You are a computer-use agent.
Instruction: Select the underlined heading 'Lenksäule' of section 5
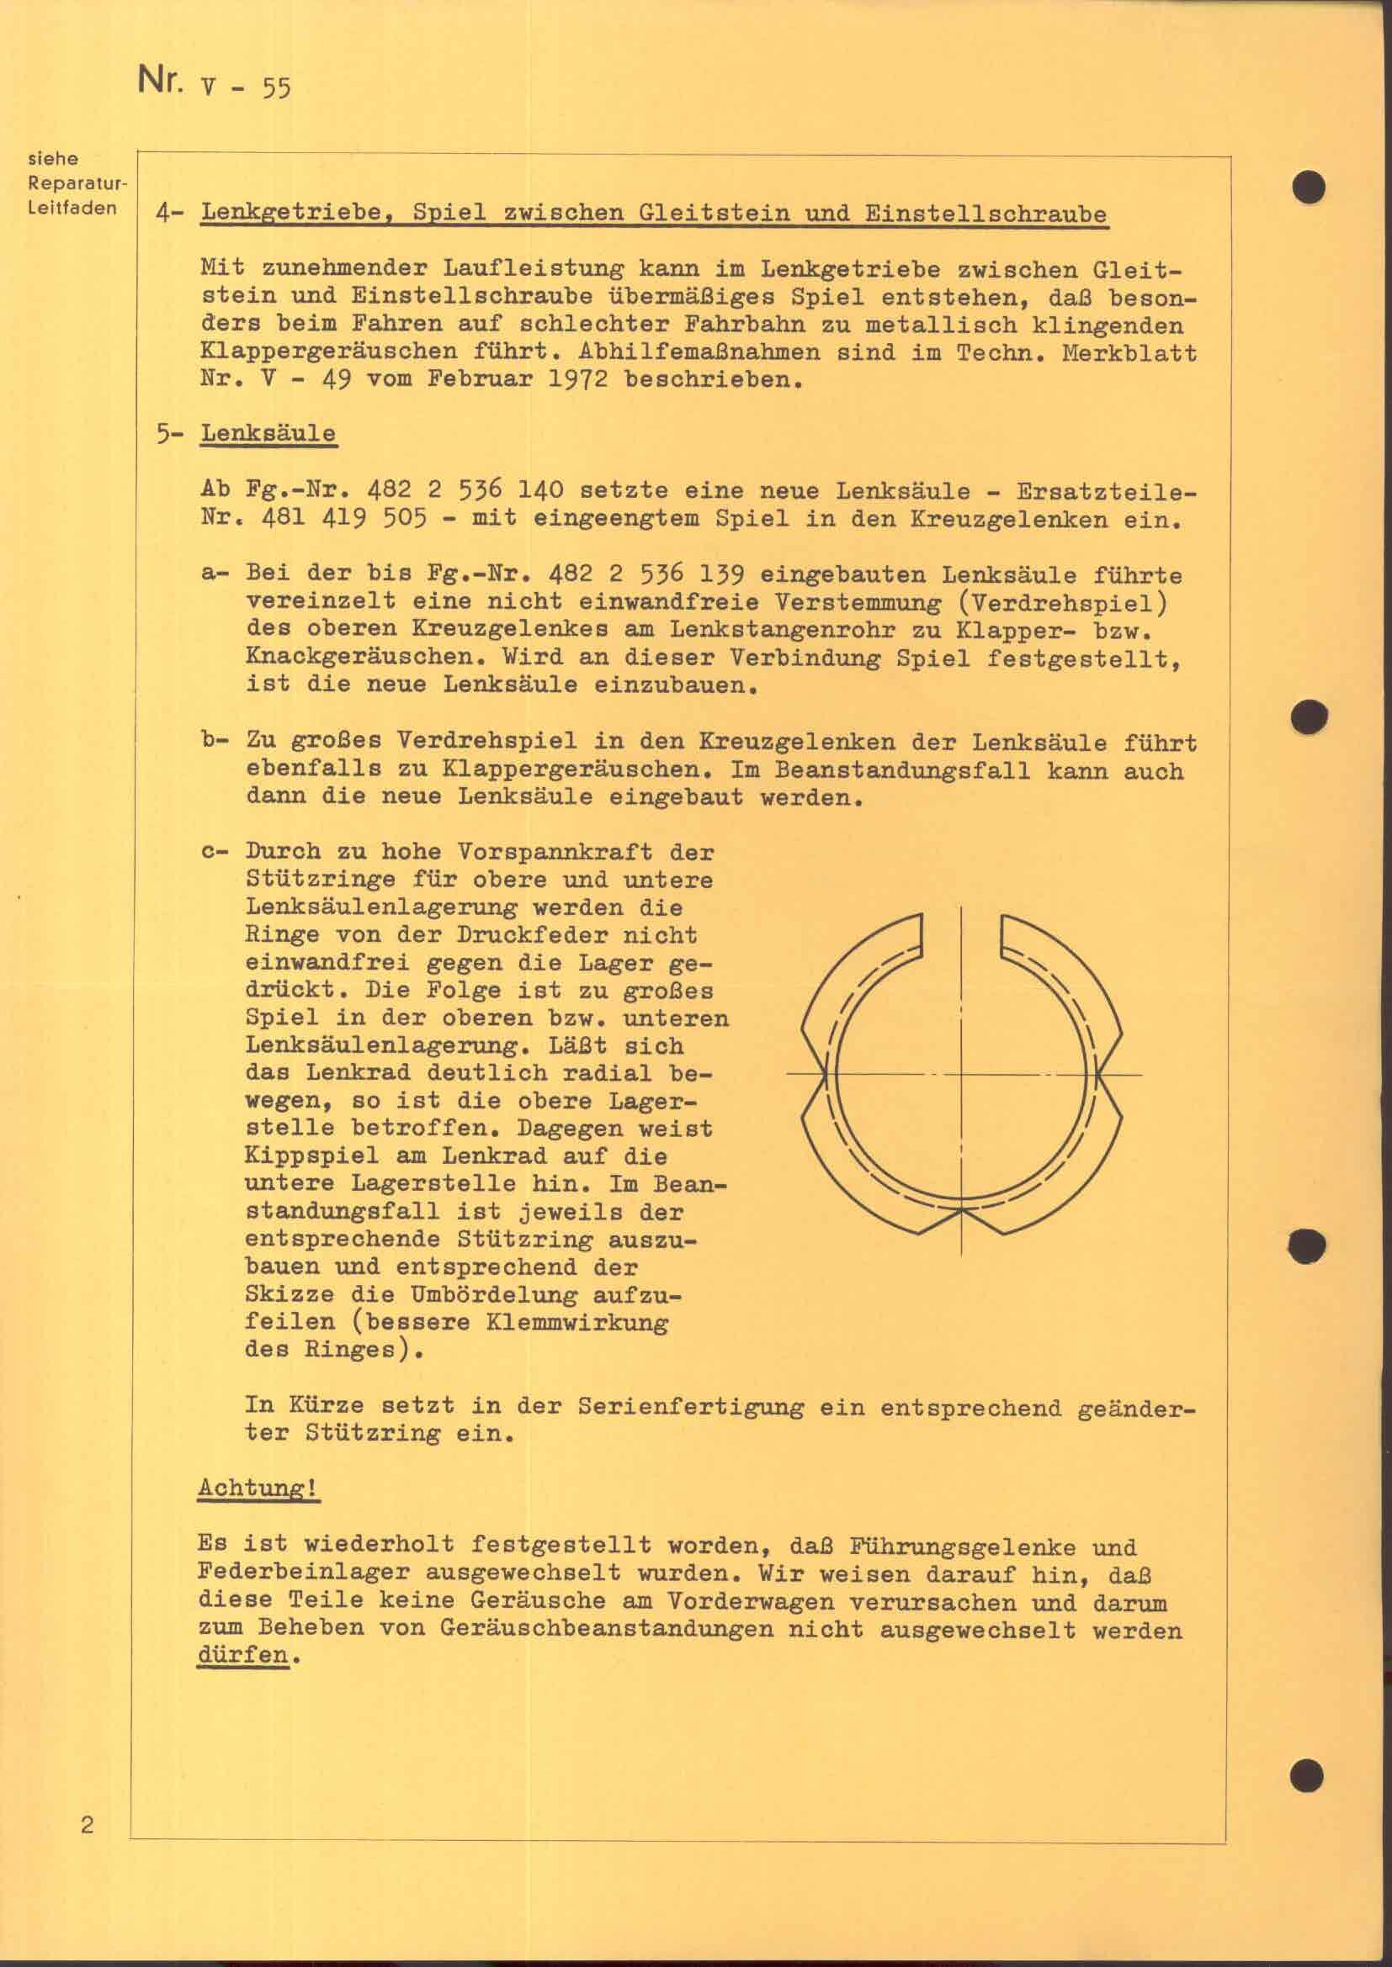point(268,433)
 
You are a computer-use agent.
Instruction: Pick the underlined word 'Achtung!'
point(259,1488)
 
